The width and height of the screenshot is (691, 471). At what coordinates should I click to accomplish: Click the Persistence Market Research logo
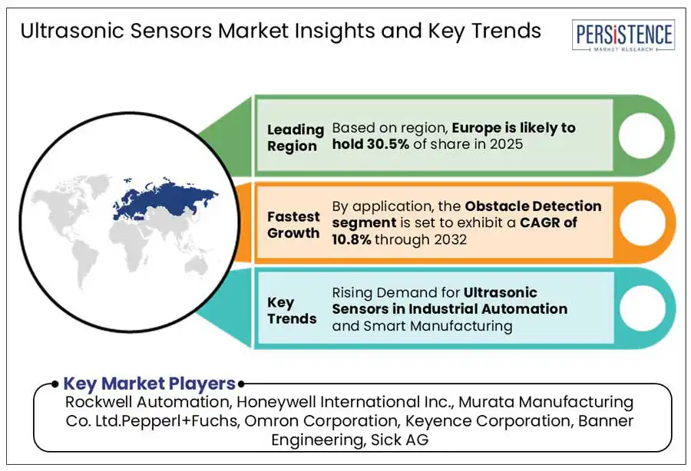[623, 35]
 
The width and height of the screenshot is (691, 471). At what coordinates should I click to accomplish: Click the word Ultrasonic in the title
[72, 31]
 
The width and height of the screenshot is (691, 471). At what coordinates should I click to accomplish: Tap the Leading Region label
[296, 137]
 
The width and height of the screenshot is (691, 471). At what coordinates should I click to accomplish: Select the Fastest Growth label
[293, 225]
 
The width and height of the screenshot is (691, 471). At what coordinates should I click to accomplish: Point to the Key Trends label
[292, 311]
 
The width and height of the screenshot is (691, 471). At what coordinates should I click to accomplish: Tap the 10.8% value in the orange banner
[351, 239]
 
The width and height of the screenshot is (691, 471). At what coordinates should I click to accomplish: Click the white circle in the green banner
[641, 136]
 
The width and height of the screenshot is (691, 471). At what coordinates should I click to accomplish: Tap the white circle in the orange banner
[642, 222]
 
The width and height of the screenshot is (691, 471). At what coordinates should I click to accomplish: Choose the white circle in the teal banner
[642, 308]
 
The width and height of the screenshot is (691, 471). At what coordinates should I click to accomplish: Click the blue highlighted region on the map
[165, 198]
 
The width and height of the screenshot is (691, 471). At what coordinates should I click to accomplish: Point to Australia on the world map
[196, 265]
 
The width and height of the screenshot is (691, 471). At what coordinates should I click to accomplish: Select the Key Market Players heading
[150, 384]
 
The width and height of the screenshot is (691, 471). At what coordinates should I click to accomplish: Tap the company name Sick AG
[399, 440]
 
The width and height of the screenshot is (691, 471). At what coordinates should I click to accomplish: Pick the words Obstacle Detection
[534, 206]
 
